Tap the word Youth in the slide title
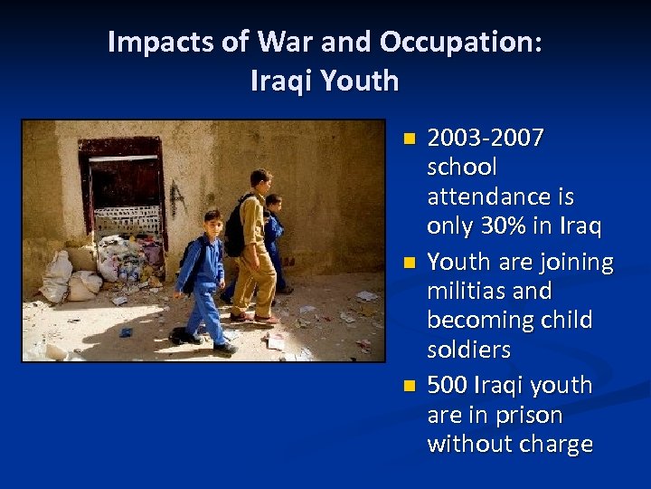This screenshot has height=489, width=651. click(360, 81)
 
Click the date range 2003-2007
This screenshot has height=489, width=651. click(486, 139)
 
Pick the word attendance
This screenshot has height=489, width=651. click(500, 197)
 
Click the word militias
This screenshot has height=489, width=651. click(469, 292)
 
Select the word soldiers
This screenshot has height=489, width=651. click(468, 350)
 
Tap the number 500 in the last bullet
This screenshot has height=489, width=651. click(446, 386)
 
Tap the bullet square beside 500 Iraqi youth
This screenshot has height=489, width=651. click(410, 387)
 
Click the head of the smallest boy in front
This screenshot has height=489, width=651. click(212, 220)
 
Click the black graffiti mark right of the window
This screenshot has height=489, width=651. click(177, 197)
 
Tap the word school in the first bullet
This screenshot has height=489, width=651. click(462, 168)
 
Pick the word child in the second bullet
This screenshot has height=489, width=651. click(563, 321)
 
